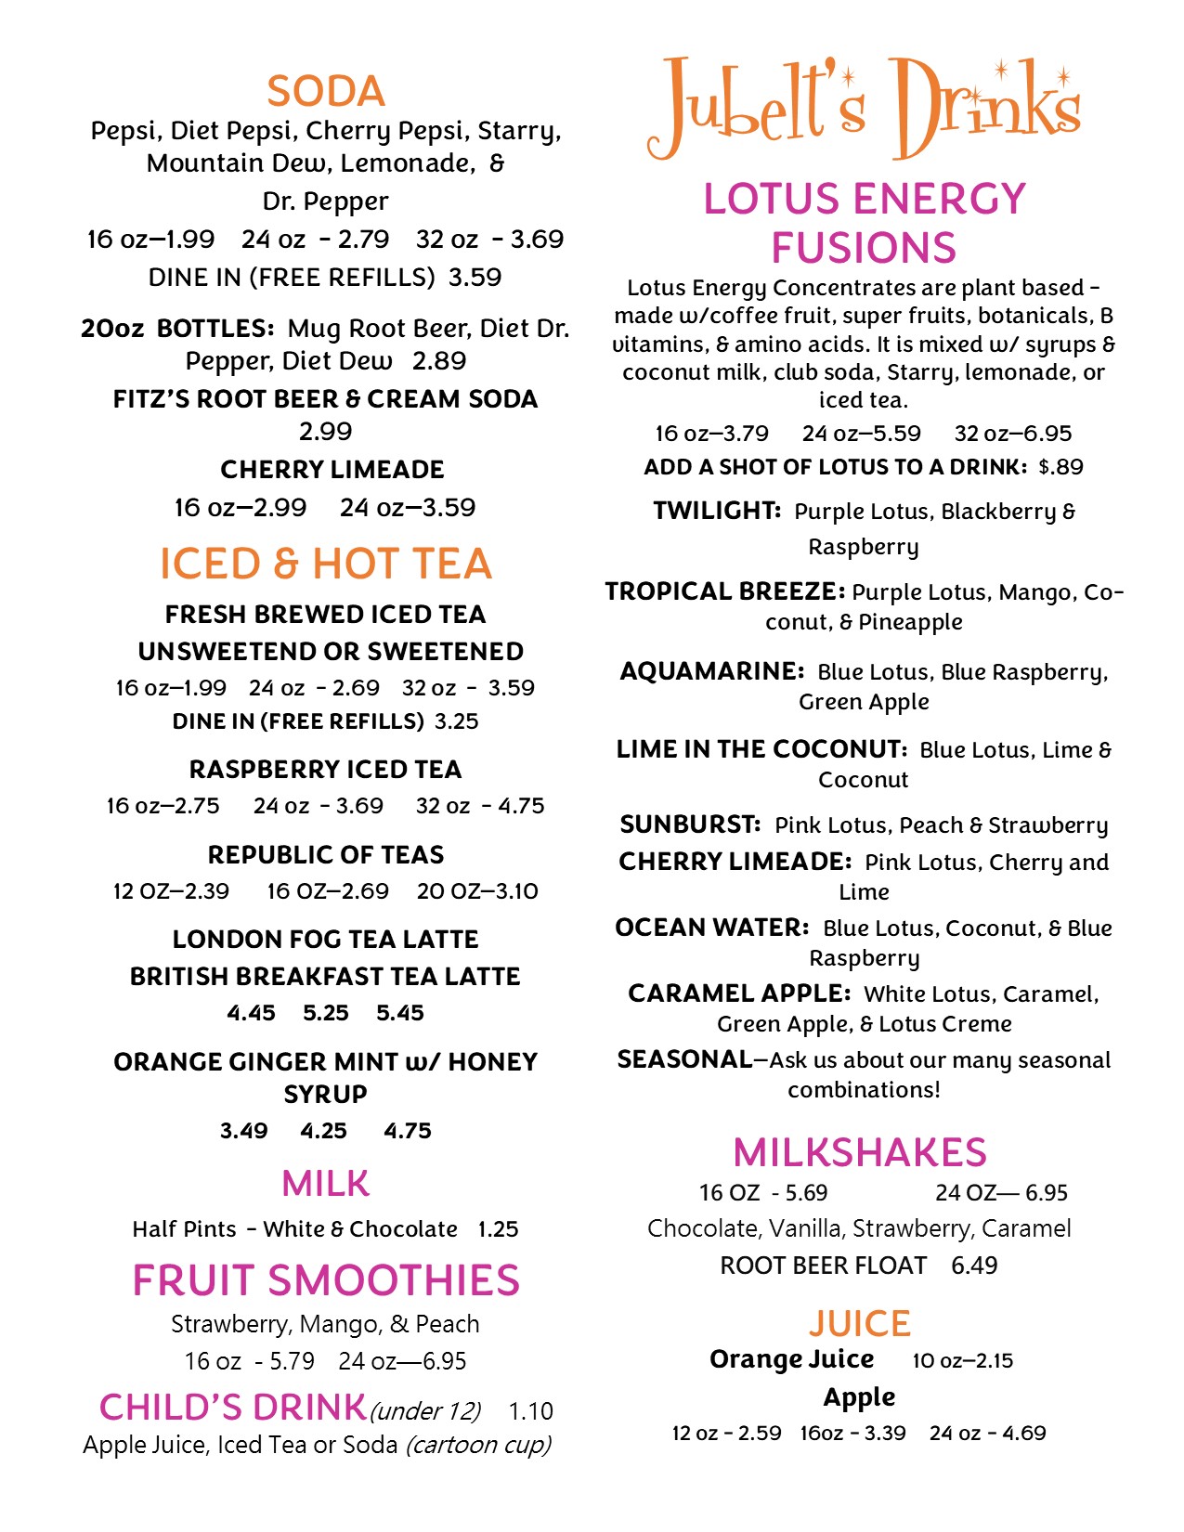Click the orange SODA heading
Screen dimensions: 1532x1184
pos(325,91)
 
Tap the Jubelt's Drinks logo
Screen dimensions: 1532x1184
pos(864,107)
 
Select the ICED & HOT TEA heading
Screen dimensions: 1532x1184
pos(325,564)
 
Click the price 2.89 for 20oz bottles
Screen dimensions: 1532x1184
pos(439,361)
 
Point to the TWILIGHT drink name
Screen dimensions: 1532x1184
pos(717,511)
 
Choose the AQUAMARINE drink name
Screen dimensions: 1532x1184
pos(711,671)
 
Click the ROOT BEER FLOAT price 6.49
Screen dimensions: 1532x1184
pos(974,1266)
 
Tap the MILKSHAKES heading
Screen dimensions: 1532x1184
pos(860,1152)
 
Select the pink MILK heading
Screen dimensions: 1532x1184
pos(325,1184)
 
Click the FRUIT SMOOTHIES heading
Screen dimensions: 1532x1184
pos(325,1280)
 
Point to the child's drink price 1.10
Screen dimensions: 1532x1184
pos(530,1411)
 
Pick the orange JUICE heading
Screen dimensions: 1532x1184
pos(860,1323)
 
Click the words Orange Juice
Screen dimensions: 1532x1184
pos(791,1359)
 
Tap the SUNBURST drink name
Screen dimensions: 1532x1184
pos(690,824)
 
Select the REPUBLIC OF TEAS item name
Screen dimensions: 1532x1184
pos(325,854)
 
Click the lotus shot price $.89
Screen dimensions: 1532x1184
pos(1061,467)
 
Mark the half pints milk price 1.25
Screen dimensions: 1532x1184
pos(498,1229)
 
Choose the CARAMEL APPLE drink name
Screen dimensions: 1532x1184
pos(739,993)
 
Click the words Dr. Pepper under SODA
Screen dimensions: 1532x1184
pos(325,201)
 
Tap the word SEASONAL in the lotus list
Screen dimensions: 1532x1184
pos(685,1059)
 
